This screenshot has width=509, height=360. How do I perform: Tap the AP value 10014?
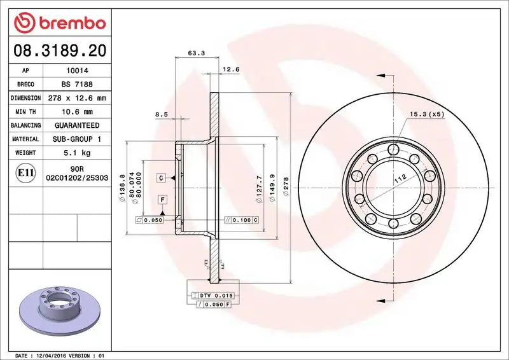[x=74, y=71]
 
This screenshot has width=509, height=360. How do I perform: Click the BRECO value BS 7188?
[x=74, y=85]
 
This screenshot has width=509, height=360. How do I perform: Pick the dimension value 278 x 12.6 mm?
[x=74, y=98]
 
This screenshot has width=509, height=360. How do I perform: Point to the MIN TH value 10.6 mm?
[x=74, y=112]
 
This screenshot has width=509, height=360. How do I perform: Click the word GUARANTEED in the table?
[x=74, y=125]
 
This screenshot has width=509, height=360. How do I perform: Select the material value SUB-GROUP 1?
[x=74, y=139]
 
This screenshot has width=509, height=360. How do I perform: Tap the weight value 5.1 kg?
[x=74, y=153]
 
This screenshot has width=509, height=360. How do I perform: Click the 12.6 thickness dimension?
[x=230, y=69]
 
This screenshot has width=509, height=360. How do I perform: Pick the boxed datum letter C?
[x=162, y=177]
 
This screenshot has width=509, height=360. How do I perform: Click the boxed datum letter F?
[x=163, y=200]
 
